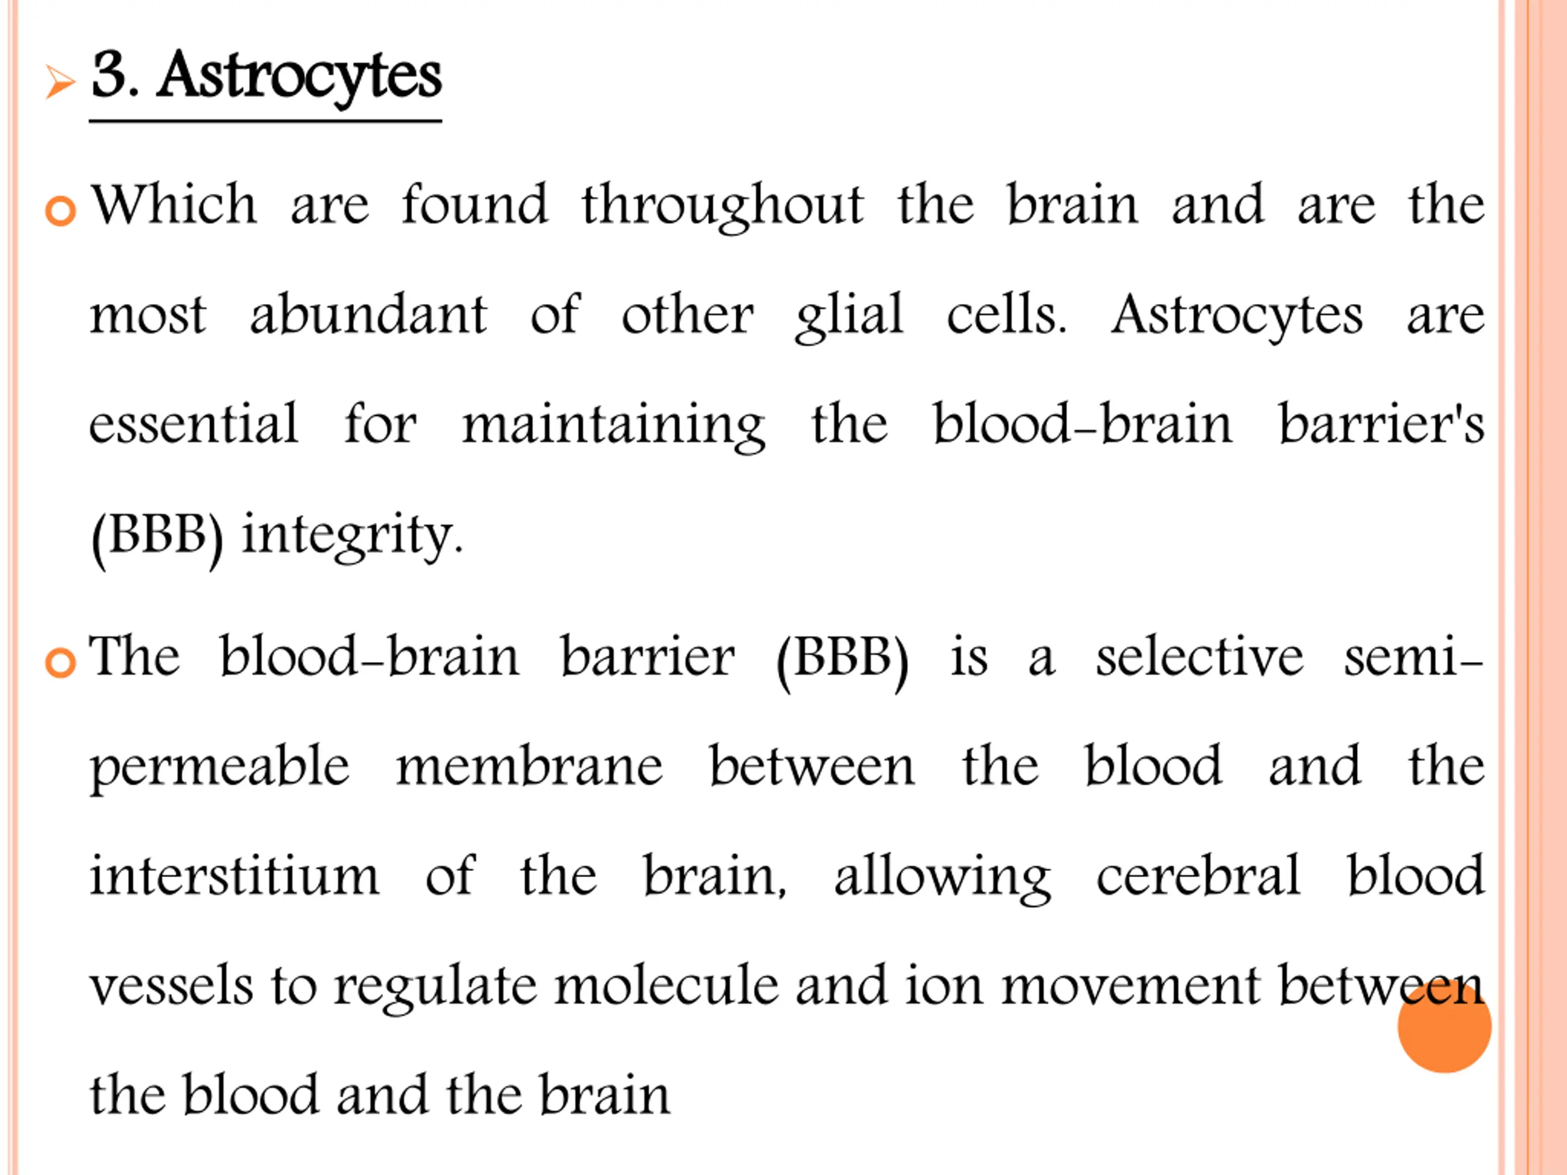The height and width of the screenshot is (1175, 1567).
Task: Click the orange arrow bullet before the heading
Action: (x=60, y=81)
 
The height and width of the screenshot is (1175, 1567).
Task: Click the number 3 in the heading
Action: (x=112, y=75)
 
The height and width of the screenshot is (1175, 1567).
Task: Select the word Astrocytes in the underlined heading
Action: (x=299, y=76)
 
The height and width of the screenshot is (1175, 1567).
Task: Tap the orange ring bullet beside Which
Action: (x=60, y=211)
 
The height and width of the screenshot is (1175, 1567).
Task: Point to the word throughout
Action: (x=722, y=206)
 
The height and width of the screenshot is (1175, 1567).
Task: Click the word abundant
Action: (x=368, y=315)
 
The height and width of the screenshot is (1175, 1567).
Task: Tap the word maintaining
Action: (x=613, y=425)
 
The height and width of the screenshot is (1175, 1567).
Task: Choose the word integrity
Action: (x=352, y=535)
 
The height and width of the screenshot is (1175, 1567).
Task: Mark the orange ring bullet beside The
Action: (x=60, y=662)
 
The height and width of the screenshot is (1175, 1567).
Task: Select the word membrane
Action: (x=529, y=766)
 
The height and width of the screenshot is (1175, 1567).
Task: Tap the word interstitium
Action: (x=234, y=876)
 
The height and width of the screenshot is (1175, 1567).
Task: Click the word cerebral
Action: (x=1198, y=876)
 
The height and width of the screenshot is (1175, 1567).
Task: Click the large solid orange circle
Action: (x=1445, y=1026)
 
